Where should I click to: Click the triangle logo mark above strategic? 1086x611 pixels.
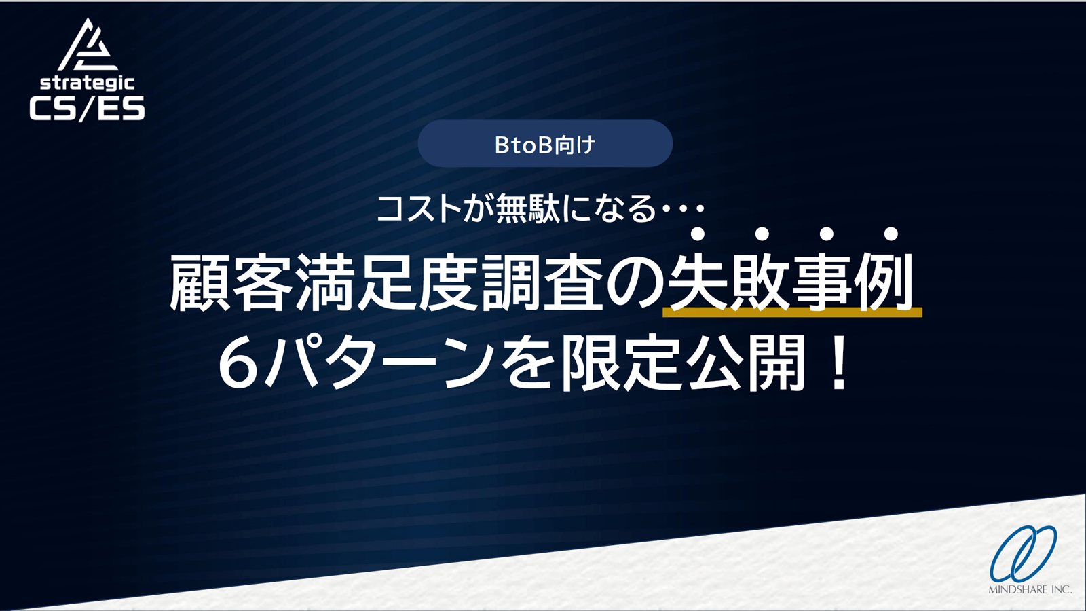pos(88,45)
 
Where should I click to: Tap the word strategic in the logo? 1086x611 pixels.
pos(87,83)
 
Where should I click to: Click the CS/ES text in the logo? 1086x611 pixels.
pos(87,108)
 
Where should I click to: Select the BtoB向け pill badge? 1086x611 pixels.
pos(545,144)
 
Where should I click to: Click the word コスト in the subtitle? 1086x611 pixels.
pos(419,209)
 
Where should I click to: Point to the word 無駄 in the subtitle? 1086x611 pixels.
pos(527,209)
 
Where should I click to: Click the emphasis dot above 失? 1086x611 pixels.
pos(697,234)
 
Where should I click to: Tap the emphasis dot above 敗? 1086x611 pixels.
pos(762,234)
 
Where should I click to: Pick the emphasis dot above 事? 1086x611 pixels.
pos(826,234)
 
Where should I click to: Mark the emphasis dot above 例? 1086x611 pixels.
pos(891,234)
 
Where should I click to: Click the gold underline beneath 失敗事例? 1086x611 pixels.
pos(792,312)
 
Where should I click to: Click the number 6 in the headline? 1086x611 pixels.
pos(241,363)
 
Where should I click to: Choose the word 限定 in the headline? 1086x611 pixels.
pos(622,363)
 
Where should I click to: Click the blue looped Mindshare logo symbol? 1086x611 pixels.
pos(1023,553)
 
